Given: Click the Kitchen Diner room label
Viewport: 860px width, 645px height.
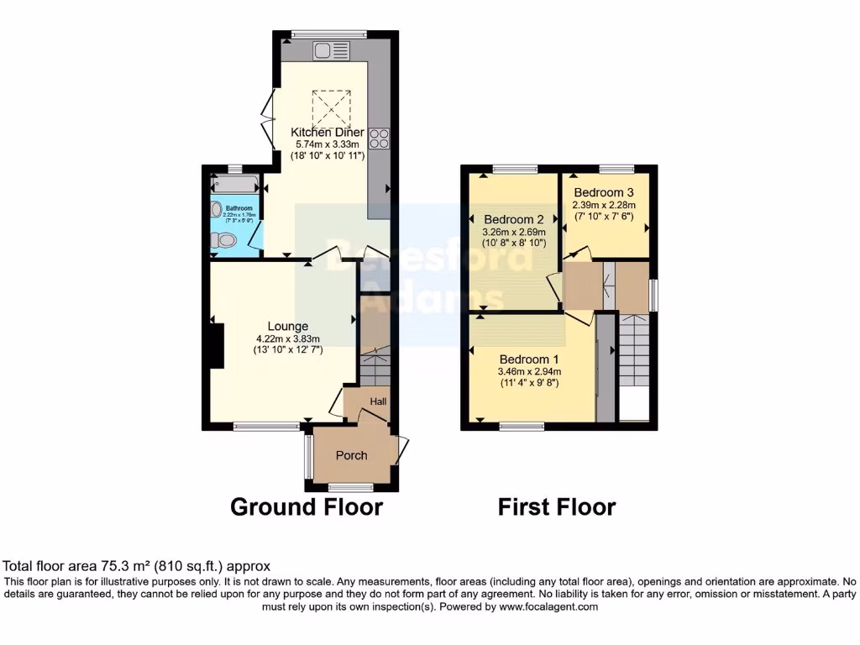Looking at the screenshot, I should [328, 133].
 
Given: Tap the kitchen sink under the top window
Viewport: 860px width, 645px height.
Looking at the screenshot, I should [325, 51].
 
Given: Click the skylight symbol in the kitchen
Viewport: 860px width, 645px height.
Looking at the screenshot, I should [328, 107].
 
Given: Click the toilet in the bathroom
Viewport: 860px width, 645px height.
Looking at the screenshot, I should [223, 241].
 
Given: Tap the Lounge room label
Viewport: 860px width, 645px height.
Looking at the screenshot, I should [288, 326].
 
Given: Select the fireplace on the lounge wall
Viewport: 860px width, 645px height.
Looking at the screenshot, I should [217, 345].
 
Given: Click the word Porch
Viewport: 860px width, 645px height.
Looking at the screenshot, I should [351, 455].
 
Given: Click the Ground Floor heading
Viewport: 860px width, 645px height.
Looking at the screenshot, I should [306, 506].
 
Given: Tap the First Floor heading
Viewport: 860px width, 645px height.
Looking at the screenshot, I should [556, 506].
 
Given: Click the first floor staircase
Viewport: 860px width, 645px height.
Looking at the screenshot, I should [633, 353].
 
